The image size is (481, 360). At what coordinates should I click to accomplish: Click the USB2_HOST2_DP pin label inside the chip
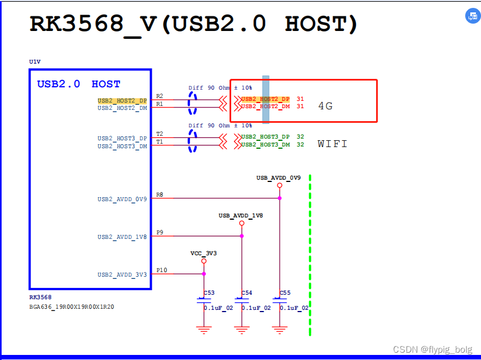click(122, 101)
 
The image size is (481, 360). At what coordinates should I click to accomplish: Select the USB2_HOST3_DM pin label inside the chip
click(122, 146)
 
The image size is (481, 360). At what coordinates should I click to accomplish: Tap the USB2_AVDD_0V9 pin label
click(122, 199)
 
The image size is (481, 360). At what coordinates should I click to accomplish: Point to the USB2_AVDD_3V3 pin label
click(122, 275)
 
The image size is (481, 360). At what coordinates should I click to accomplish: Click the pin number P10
click(162, 270)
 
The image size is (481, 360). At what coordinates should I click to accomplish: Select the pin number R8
click(160, 194)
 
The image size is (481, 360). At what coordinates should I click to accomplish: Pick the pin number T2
click(160, 134)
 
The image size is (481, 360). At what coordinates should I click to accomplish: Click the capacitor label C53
click(209, 293)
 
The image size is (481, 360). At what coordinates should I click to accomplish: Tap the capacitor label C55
click(285, 293)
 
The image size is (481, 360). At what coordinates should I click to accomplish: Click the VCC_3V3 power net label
click(204, 254)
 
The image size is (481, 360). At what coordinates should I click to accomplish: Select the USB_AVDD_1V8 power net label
click(241, 216)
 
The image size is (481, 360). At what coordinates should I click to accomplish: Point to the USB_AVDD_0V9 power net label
click(279, 178)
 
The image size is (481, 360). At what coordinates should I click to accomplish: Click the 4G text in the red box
click(325, 106)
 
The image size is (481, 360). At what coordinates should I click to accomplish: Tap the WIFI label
click(332, 144)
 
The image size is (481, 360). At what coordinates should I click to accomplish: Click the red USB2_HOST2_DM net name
click(266, 106)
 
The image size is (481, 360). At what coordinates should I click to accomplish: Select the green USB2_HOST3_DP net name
click(266, 137)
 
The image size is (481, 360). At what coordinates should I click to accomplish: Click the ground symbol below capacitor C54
click(241, 330)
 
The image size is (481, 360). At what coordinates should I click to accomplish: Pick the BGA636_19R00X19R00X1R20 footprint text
click(72, 307)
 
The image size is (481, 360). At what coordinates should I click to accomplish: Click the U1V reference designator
click(34, 61)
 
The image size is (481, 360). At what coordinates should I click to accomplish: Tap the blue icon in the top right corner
click(472, 16)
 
